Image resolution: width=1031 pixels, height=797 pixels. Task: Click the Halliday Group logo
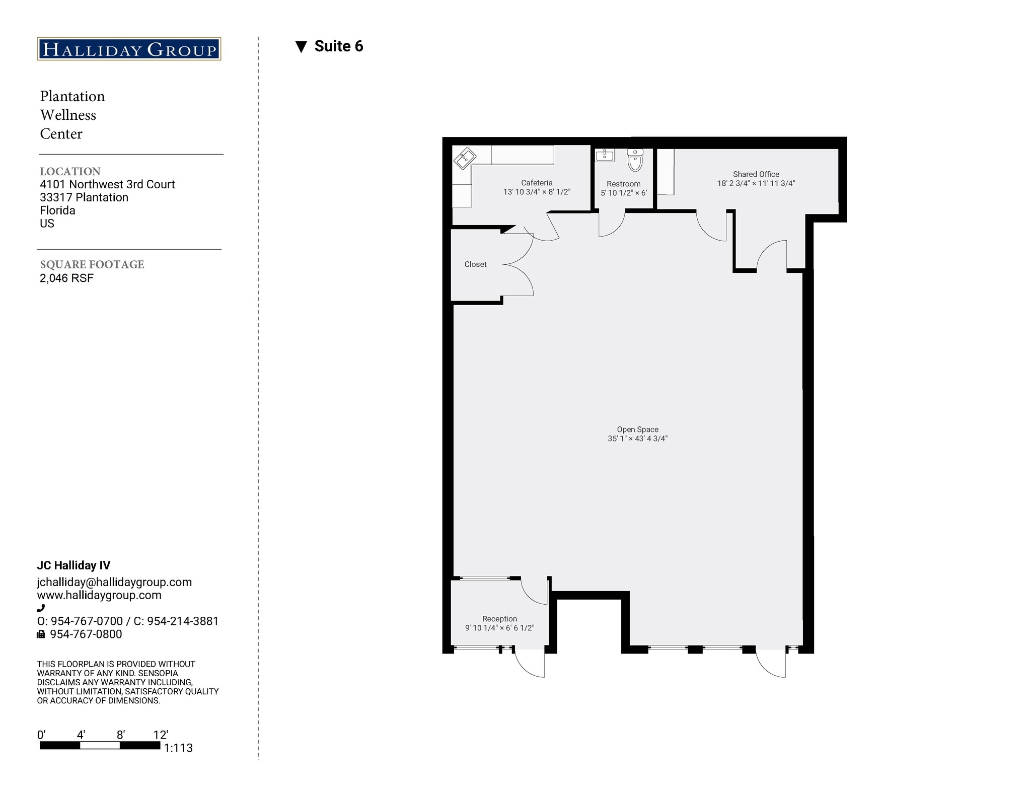(129, 49)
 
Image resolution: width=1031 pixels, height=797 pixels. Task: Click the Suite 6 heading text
(338, 46)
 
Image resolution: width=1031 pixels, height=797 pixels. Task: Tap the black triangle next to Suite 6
(301, 47)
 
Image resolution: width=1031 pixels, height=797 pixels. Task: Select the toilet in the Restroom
(635, 160)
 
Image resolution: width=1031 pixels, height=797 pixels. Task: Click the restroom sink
(604, 155)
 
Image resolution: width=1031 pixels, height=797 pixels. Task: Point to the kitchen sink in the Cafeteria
(465, 158)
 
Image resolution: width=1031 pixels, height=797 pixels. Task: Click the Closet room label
(475, 264)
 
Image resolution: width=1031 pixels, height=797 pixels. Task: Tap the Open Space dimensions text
(637, 439)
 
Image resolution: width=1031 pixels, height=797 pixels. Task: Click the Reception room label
(499, 619)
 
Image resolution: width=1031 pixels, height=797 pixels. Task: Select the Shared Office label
(756, 174)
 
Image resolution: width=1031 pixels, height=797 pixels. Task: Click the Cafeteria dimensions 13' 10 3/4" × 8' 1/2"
(537, 192)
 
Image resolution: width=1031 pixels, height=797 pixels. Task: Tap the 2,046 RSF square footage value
(66, 278)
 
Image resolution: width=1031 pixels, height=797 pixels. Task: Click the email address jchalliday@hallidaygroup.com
(114, 582)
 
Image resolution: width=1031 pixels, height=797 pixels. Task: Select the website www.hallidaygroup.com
(99, 595)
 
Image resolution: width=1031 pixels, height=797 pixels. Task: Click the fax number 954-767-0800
(86, 634)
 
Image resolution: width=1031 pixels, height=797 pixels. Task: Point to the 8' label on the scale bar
(120, 735)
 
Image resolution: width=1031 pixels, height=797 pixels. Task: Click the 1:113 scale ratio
(178, 748)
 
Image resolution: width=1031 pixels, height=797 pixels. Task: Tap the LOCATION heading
(70, 171)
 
